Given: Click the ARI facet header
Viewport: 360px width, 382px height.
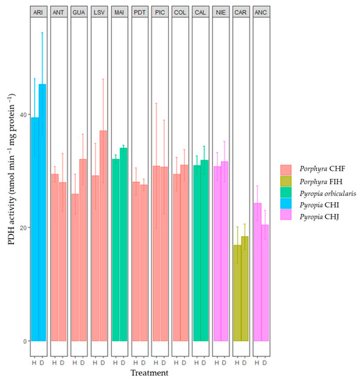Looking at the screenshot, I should (38, 12).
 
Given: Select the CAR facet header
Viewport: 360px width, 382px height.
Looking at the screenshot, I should (240, 12).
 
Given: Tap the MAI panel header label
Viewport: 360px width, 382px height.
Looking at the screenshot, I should (119, 12).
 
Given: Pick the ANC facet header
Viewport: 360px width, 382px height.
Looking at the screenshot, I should (261, 12).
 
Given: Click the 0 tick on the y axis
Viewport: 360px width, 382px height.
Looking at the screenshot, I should (23, 341).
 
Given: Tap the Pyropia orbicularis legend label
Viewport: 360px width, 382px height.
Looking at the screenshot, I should (325, 196).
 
